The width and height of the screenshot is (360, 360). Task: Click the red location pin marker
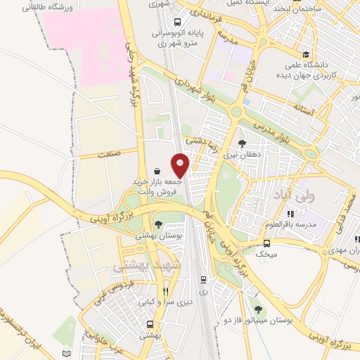[x=181, y=165]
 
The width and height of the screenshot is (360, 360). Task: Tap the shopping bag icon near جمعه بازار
[x=156, y=171]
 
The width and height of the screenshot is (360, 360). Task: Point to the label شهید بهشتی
[x=146, y=266]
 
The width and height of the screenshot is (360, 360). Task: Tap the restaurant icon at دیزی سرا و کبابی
[x=166, y=290]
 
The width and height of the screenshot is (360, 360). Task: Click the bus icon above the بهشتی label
[x=150, y=325]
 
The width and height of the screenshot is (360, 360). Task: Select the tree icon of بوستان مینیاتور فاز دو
[x=259, y=309]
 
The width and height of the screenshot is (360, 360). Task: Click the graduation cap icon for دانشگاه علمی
[x=305, y=55]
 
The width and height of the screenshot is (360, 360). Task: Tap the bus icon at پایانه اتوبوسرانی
[x=177, y=21]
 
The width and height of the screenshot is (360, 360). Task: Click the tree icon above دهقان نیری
[x=243, y=143]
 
